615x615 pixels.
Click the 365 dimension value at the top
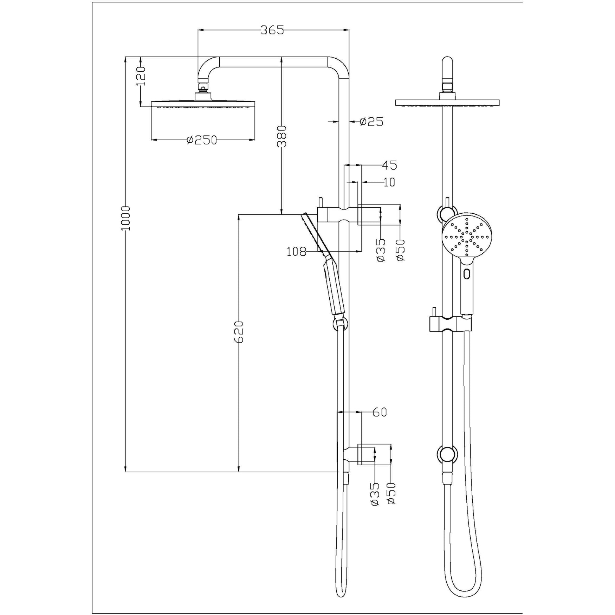pyautogui.click(x=272, y=30)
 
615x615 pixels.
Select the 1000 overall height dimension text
pyautogui.click(x=125, y=218)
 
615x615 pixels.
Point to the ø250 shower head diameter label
pyautogui.click(x=202, y=140)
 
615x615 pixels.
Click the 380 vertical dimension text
pyautogui.click(x=282, y=136)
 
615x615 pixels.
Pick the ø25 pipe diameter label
pyautogui.click(x=371, y=122)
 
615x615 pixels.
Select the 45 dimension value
pyautogui.click(x=389, y=165)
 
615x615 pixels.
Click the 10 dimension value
pyautogui.click(x=389, y=182)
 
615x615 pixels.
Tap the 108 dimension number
pyautogui.click(x=296, y=252)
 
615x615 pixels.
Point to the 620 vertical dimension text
pyautogui.click(x=239, y=331)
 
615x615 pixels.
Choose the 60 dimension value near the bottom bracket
pyautogui.click(x=380, y=412)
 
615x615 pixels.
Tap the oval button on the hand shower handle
pyautogui.click(x=467, y=273)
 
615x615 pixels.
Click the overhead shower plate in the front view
pyautogui.click(x=447, y=103)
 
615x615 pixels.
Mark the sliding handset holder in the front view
pyautogui.click(x=450, y=324)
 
